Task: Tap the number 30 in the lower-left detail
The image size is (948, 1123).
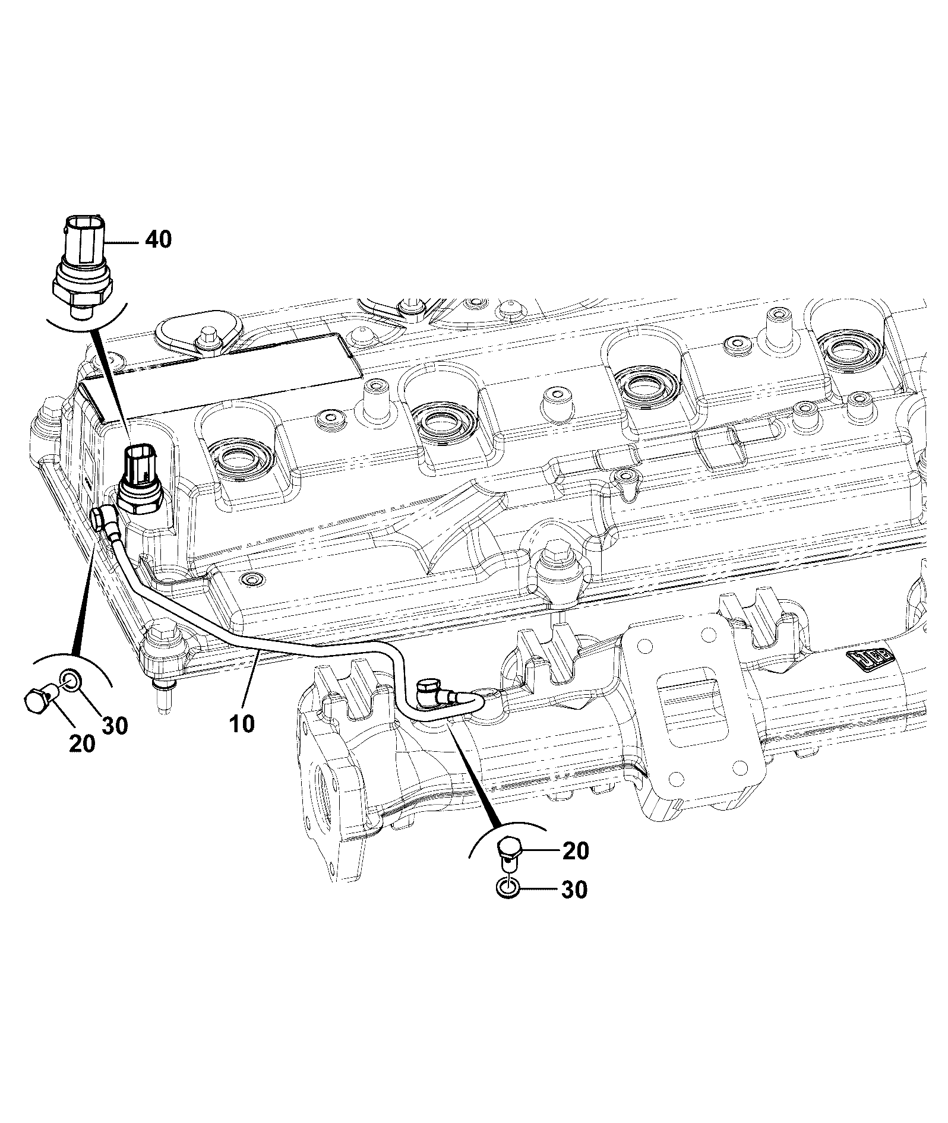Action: (x=115, y=725)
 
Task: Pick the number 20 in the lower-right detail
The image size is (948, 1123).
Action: (x=574, y=851)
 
